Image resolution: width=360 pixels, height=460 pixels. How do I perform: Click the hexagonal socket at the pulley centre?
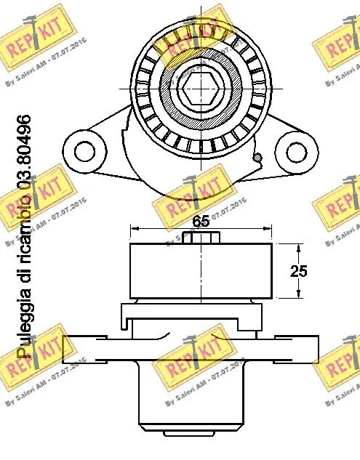click(x=201, y=89)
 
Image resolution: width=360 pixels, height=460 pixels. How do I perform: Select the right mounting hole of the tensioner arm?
click(x=295, y=152)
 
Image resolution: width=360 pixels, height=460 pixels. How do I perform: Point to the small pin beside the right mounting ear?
click(x=257, y=156)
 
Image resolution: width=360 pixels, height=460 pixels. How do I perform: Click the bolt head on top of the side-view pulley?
click(x=201, y=238)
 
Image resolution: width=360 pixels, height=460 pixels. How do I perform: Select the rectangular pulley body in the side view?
click(x=201, y=271)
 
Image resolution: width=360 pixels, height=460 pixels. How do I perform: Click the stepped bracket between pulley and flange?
click(x=191, y=318)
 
